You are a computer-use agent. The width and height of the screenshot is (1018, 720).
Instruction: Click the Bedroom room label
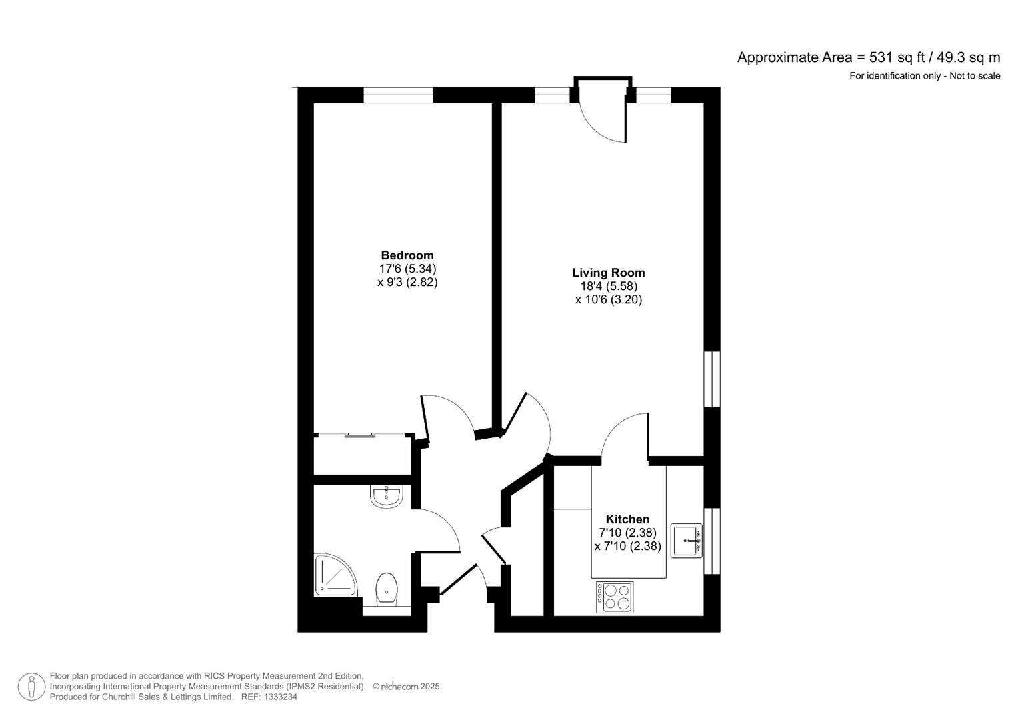(x=407, y=255)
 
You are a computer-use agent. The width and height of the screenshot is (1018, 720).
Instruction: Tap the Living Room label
(x=609, y=273)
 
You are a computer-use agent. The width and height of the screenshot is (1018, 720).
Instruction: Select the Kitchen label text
(x=627, y=519)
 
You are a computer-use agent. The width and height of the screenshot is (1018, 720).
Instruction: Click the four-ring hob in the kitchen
(x=615, y=597)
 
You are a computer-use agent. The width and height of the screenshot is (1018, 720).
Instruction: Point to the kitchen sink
(x=686, y=541)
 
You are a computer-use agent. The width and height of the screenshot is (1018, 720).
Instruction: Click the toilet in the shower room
(x=387, y=589)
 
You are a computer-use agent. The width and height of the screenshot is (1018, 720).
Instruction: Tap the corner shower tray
(x=335, y=575)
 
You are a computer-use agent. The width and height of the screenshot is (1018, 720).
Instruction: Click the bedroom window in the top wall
(x=398, y=95)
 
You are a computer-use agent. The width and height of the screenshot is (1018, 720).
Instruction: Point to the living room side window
(x=712, y=379)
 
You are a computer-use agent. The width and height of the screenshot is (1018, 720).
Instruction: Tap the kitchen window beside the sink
(x=712, y=541)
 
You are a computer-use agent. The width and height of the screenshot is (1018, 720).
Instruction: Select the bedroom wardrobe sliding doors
(x=362, y=435)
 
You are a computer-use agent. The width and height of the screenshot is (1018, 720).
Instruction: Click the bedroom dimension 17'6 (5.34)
(x=407, y=269)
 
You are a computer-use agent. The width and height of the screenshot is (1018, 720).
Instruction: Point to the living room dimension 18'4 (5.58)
(x=609, y=286)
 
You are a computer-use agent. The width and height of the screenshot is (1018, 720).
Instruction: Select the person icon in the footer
(x=31, y=687)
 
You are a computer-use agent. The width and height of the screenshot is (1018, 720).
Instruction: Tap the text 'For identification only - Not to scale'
(x=925, y=76)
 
